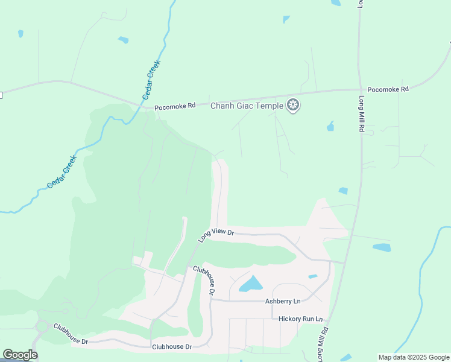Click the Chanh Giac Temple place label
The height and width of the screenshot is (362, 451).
click(x=246, y=106)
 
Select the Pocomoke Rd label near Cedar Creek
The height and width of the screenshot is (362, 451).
click(x=175, y=107)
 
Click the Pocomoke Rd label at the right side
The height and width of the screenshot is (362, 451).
click(x=388, y=89)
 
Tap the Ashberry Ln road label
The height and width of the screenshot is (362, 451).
click(x=282, y=301)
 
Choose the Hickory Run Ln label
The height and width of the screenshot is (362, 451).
click(x=300, y=319)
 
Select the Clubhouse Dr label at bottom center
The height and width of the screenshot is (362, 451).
click(x=172, y=346)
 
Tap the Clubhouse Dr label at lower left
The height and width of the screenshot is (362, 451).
click(x=71, y=334)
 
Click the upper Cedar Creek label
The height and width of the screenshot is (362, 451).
click(x=150, y=83)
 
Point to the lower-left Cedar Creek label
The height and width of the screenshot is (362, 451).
click(x=62, y=172)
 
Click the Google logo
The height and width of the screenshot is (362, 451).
click(x=20, y=355)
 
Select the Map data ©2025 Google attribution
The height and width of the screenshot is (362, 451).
click(x=414, y=357)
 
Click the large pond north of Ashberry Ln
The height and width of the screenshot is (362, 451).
click(x=251, y=284)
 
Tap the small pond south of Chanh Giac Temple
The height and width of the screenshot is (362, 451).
click(x=330, y=127)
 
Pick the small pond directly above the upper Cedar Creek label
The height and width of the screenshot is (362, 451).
click(x=124, y=40)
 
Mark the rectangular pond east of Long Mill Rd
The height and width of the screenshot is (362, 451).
click(x=382, y=247)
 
